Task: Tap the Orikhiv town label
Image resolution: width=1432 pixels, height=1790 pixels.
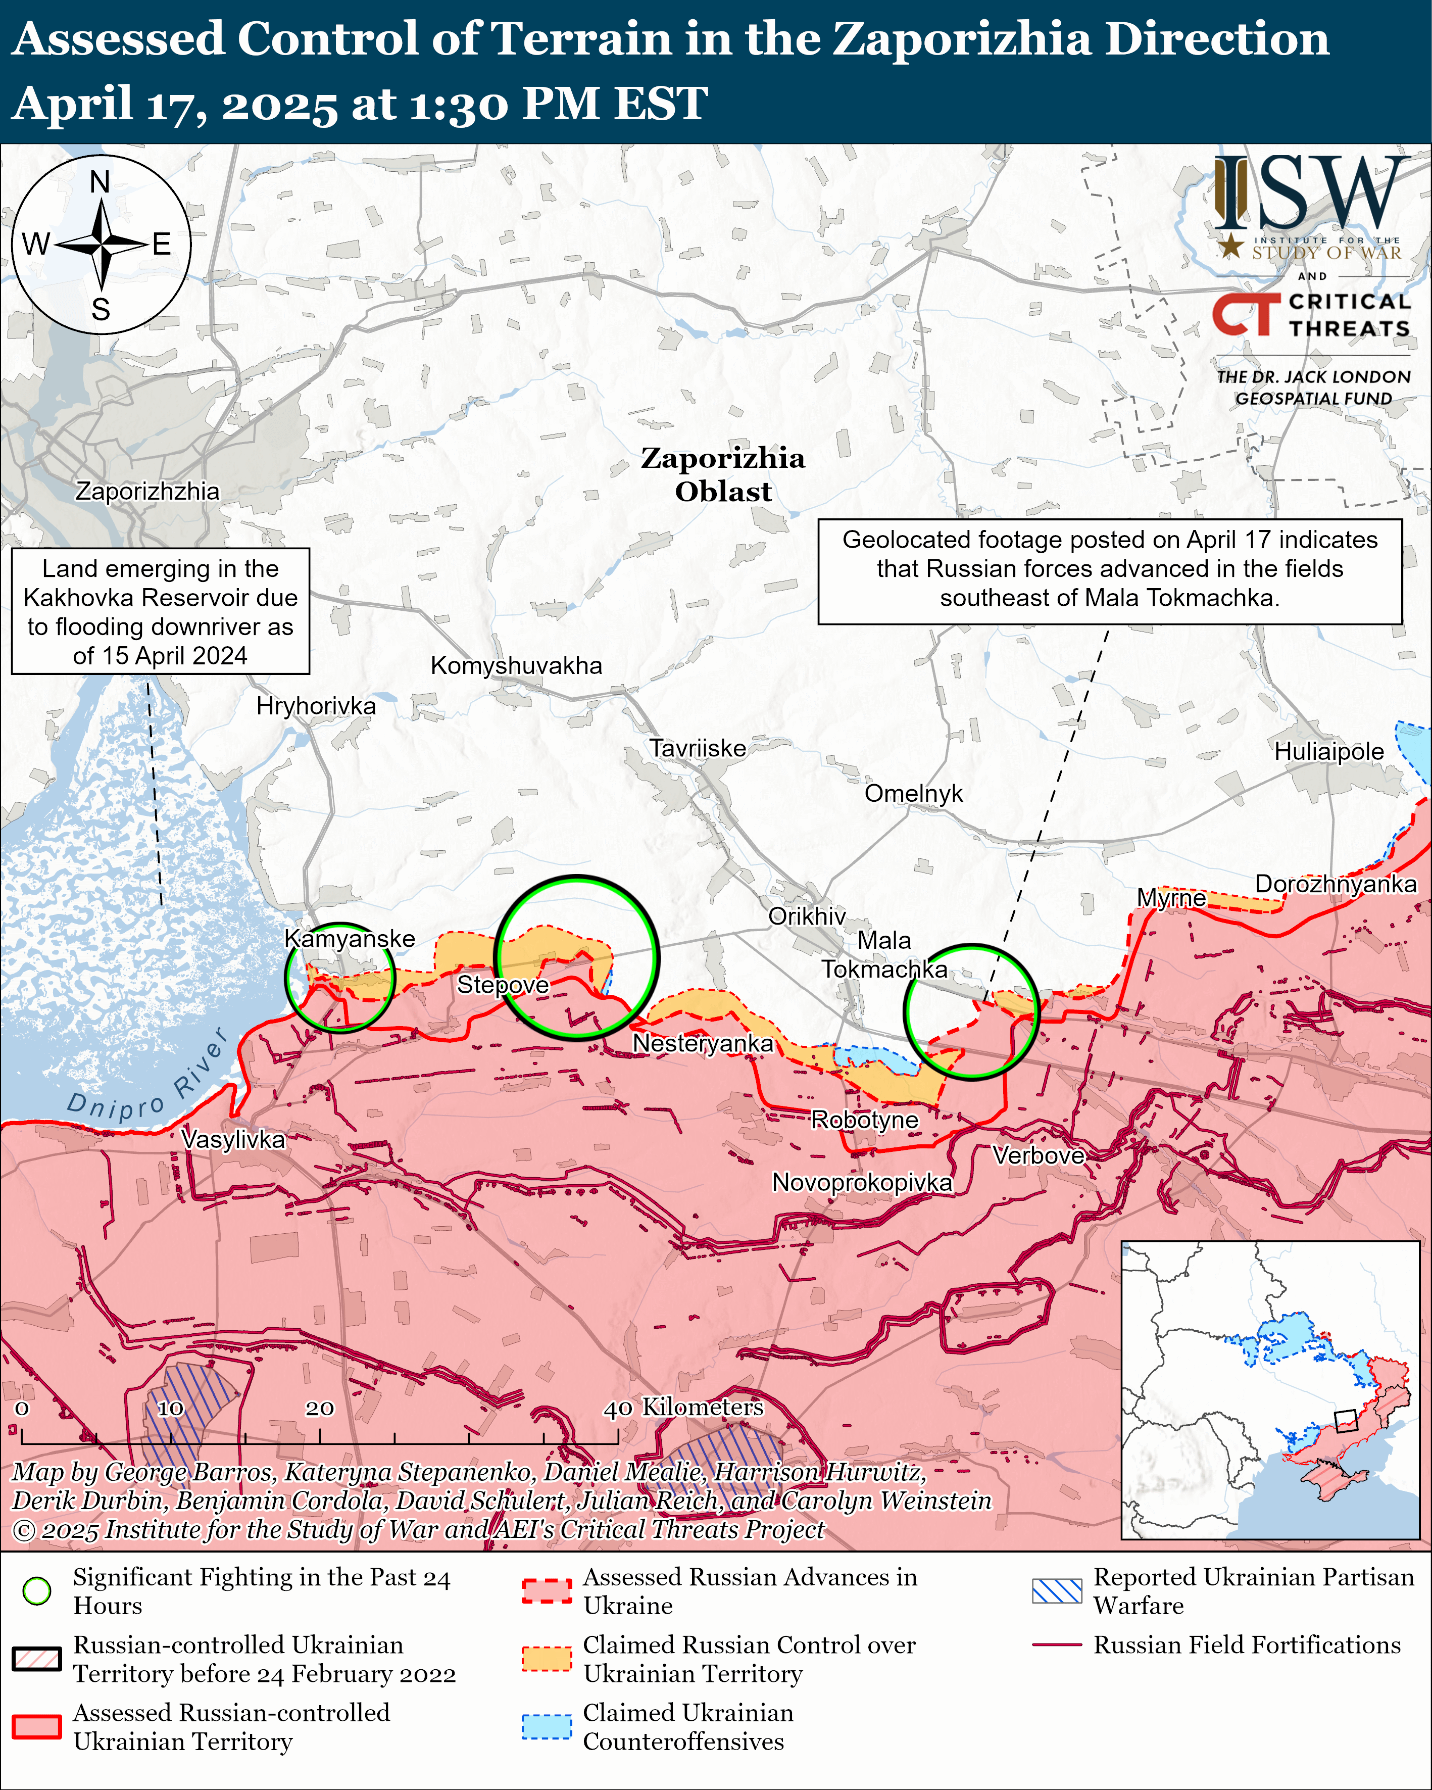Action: (806, 916)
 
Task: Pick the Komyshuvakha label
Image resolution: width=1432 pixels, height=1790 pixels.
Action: (516, 666)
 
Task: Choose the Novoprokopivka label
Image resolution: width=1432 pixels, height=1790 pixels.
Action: (862, 1182)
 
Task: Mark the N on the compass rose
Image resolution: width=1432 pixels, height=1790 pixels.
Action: (100, 182)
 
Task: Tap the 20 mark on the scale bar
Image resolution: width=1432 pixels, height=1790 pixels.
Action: (320, 1408)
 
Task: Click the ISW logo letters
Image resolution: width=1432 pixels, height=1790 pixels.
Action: (1307, 195)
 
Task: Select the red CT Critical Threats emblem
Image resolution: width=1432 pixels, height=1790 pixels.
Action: (1245, 314)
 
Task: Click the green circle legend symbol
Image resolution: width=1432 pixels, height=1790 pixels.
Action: (36, 1591)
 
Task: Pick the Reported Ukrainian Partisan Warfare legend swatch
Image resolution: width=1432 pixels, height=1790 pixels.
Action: (1057, 1591)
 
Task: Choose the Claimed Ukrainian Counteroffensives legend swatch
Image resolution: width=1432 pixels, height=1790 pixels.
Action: (546, 1727)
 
